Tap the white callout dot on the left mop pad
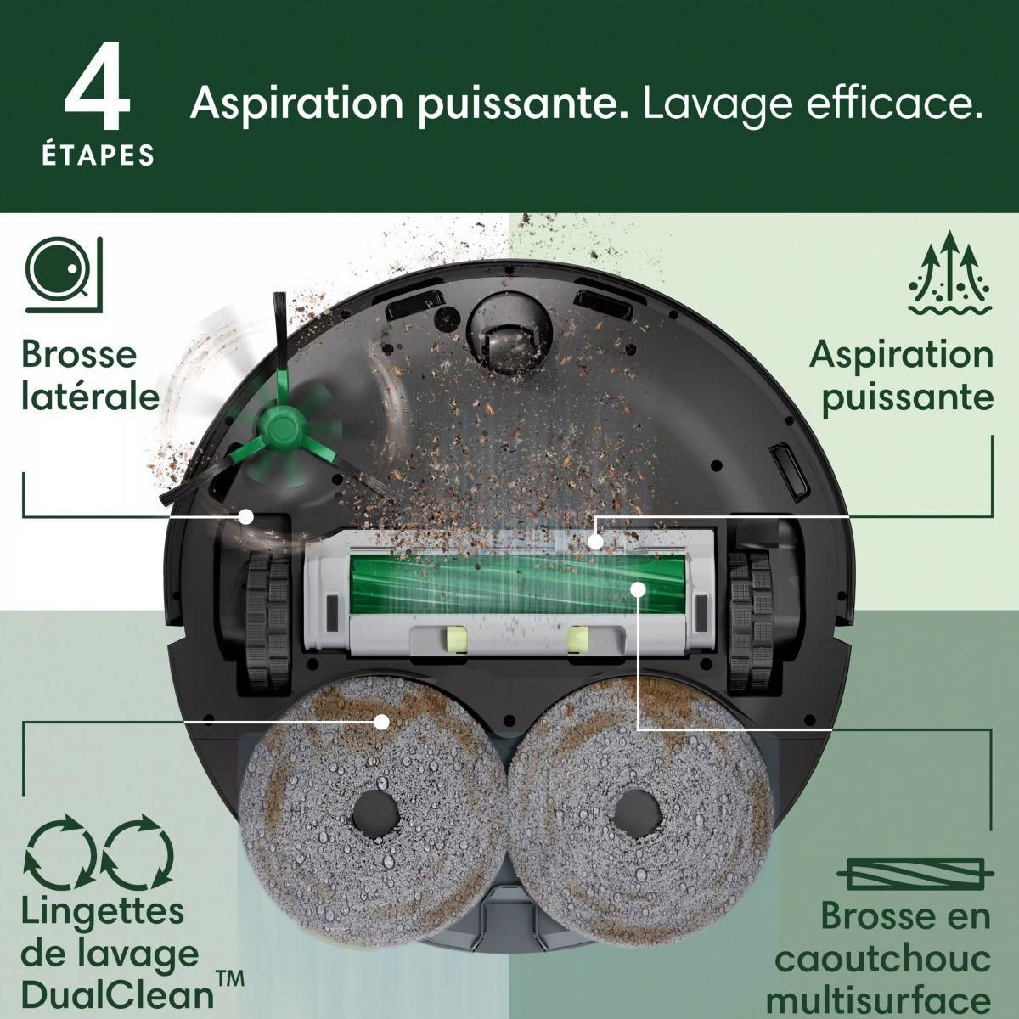tap(381, 722)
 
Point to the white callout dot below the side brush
tap(247, 515)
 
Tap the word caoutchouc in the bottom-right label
tap(883, 960)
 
